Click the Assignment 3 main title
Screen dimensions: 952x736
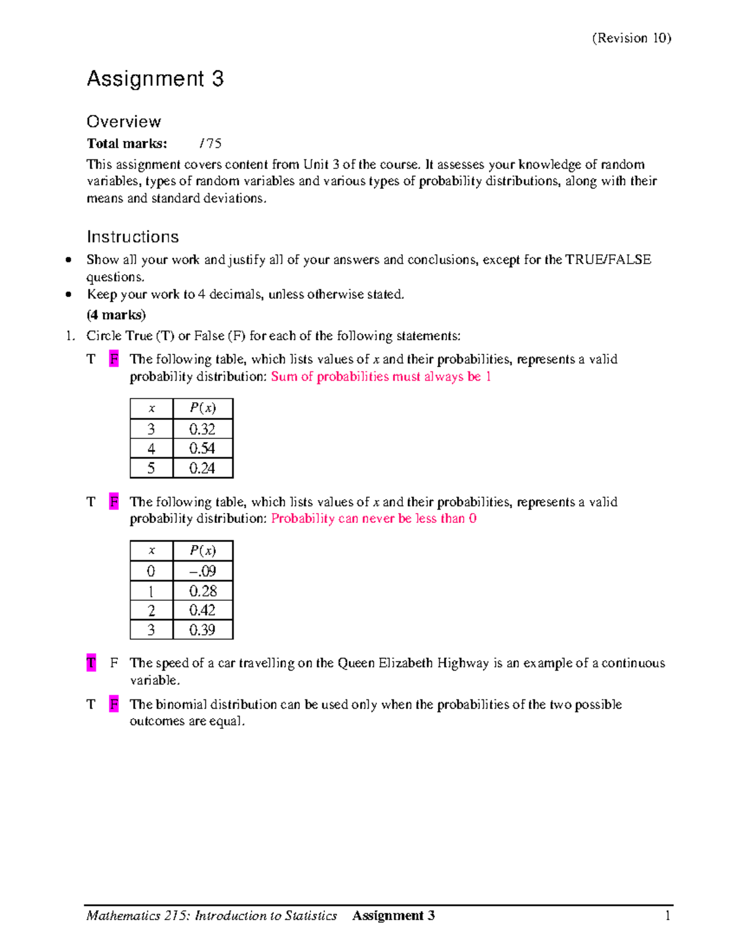[x=155, y=79]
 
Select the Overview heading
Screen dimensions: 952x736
[x=123, y=121]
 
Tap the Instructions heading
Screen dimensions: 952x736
[x=132, y=237]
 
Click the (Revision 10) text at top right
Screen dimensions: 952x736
[x=631, y=38]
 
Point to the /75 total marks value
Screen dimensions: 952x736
[x=210, y=143]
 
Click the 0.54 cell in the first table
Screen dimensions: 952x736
[x=202, y=448]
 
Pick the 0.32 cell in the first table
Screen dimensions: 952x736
[x=202, y=428]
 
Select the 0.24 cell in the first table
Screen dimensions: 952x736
[x=202, y=468]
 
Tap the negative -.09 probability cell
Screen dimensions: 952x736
[x=202, y=571]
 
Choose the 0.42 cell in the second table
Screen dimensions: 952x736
[x=202, y=611]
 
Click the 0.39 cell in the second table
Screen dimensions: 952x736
[x=202, y=630]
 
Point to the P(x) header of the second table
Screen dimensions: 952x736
[x=202, y=550]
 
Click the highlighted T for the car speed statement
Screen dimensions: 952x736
[x=91, y=663]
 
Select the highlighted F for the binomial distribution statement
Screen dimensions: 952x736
[x=113, y=704]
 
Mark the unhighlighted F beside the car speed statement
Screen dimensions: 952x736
[x=113, y=663]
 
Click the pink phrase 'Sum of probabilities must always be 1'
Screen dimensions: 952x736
[x=381, y=376]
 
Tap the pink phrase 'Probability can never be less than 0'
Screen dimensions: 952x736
[x=374, y=519]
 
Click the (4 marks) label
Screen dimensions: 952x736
[x=116, y=315]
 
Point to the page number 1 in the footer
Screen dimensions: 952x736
[x=667, y=916]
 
